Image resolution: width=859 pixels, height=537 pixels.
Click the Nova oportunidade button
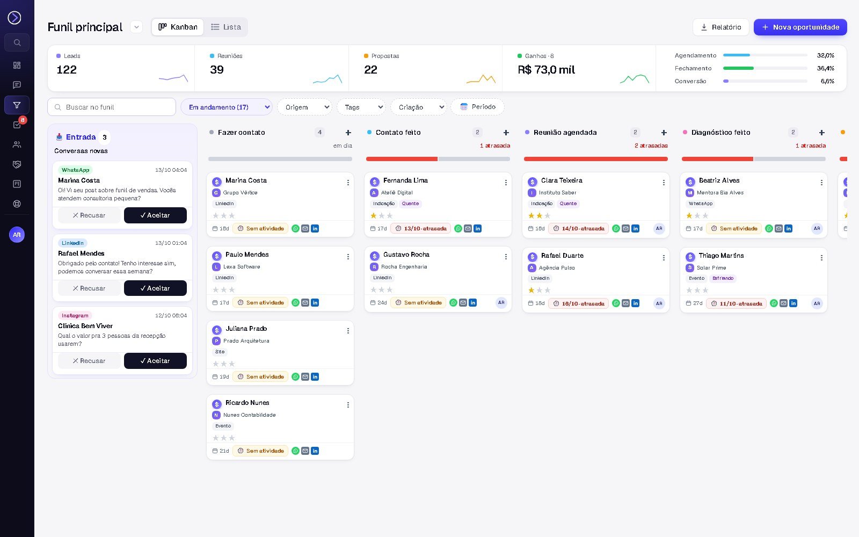800,27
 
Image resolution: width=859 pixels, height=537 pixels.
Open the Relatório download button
720,27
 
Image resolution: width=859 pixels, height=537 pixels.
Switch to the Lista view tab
226,27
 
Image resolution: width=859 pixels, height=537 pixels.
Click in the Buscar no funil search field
112,107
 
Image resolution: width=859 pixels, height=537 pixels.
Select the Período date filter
477,107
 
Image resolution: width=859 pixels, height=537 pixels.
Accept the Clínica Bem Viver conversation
155,361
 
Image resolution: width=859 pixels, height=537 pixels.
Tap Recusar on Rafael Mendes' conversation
89,288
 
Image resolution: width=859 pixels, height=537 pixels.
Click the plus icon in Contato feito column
506,133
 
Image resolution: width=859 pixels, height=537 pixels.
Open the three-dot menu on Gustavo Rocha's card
506,257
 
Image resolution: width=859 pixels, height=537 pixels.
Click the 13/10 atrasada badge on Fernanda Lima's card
421,229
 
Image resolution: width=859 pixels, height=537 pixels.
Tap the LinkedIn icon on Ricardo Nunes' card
315,451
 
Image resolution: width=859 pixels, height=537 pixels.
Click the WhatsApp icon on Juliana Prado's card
295,377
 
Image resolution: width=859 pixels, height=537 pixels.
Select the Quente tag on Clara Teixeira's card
568,204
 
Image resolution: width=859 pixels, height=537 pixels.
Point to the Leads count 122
67,69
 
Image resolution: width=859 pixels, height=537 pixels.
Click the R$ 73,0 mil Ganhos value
546,70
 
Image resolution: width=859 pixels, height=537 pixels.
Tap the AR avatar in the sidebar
17,235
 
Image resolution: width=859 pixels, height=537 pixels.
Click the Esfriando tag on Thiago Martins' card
723,279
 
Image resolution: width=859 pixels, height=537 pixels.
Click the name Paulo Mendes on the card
247,255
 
